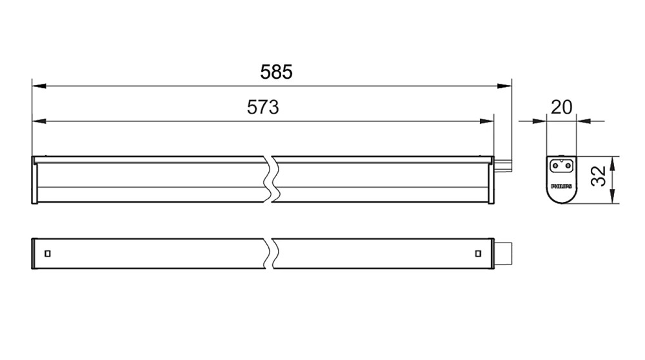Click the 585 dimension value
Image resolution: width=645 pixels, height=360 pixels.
click(276, 72)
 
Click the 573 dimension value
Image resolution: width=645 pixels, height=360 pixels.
click(263, 107)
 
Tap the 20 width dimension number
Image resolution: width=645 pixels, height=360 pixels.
click(562, 107)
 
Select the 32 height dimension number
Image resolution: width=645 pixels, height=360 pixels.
click(599, 176)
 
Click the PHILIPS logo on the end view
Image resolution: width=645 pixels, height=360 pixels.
click(562, 186)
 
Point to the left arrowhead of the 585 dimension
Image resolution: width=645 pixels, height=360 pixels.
click(39, 86)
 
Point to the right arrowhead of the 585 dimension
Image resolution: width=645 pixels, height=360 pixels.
click(504, 86)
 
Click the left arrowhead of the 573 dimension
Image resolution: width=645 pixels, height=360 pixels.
click(39, 121)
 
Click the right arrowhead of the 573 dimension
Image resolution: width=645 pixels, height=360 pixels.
click(486, 121)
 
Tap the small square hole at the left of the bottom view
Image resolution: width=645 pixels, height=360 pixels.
click(48, 254)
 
